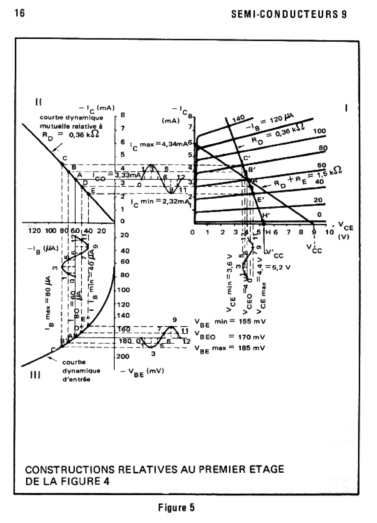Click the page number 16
[x=20, y=14]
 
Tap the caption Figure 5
[x=176, y=508]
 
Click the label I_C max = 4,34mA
[x=159, y=145]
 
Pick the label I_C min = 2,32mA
[x=160, y=201]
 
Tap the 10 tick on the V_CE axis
[x=329, y=232]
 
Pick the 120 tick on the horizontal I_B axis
[x=34, y=231]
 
